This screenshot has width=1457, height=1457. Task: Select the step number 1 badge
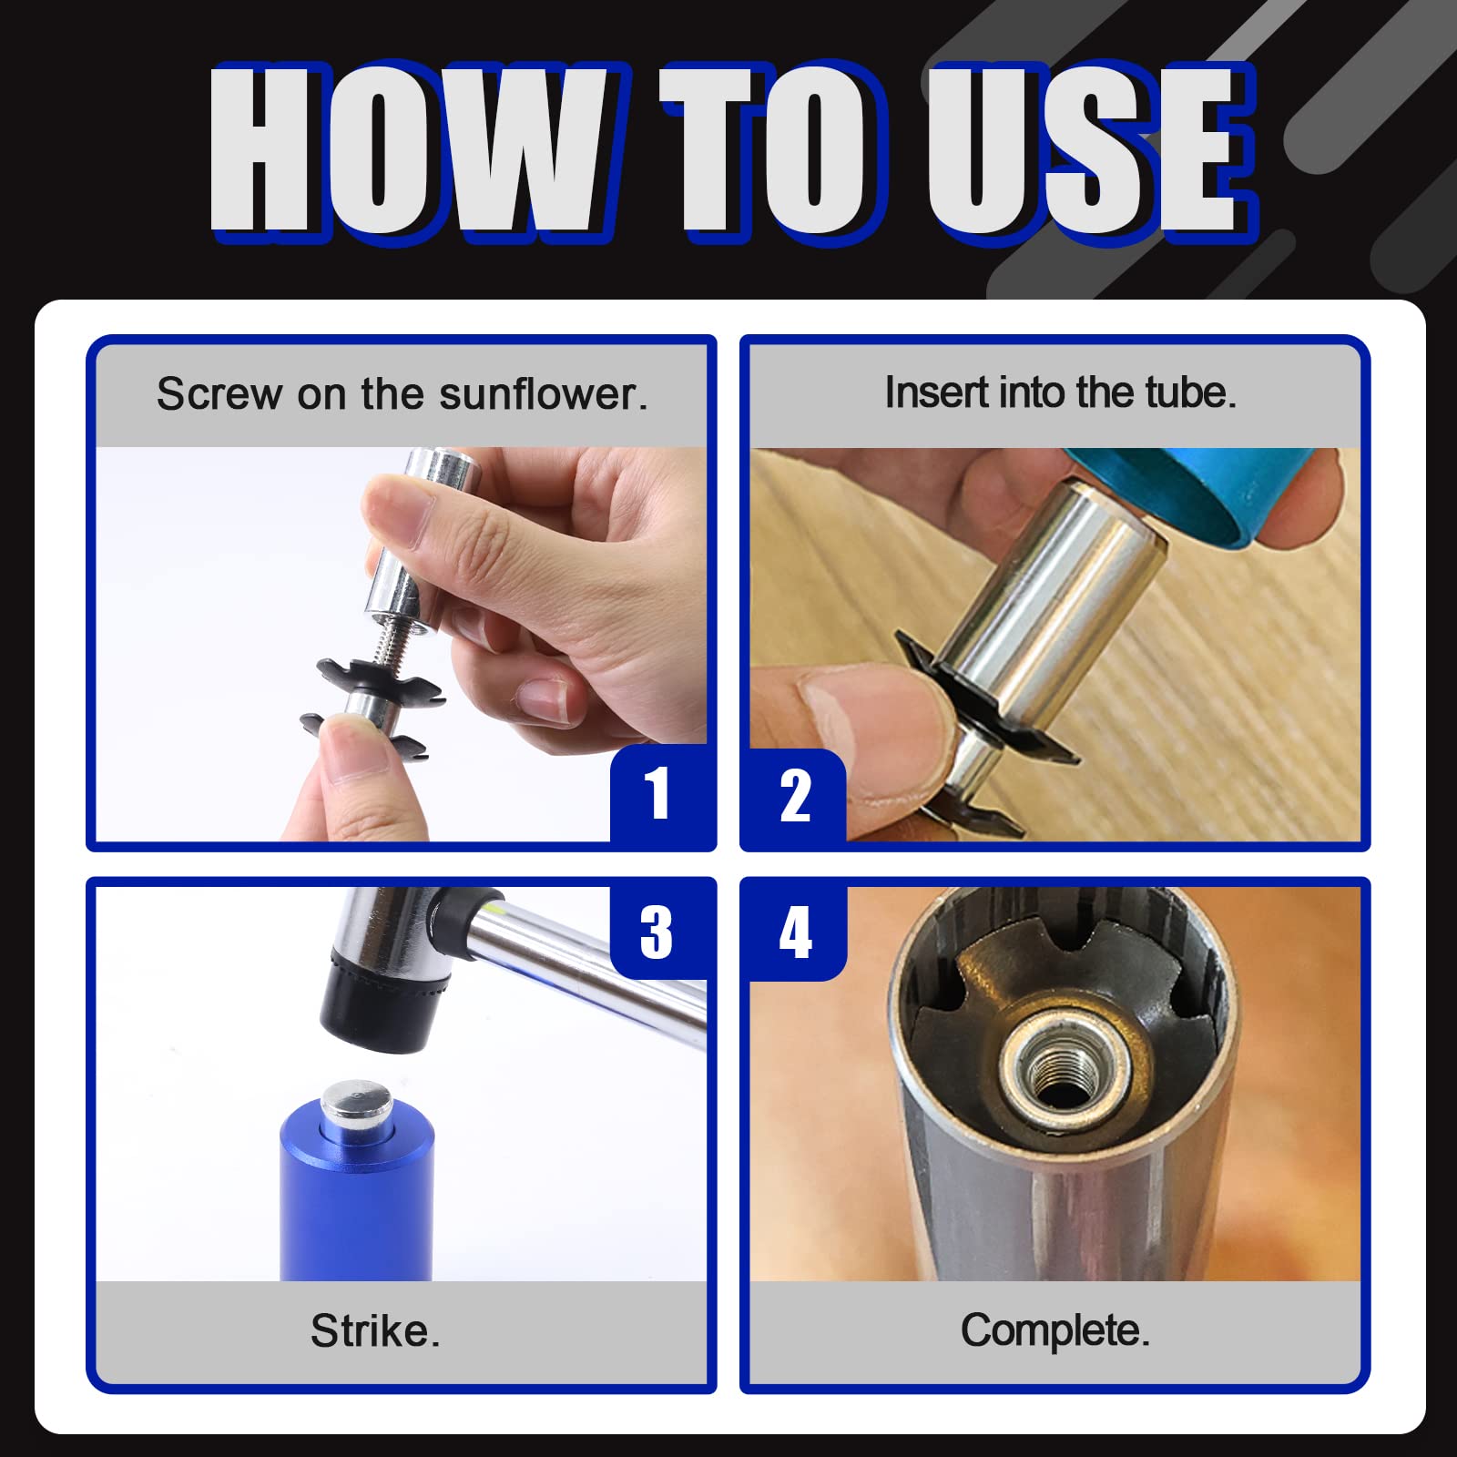pos(657,794)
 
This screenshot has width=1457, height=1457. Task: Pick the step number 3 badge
pos(657,932)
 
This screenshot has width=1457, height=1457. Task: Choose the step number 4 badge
pos(795,932)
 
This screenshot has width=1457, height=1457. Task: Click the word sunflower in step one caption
pos(543,394)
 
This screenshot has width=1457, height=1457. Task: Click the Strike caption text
pos(375,1331)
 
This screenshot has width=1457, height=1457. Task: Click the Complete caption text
pos(1055,1330)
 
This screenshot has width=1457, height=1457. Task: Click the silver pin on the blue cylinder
pos(357,1104)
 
